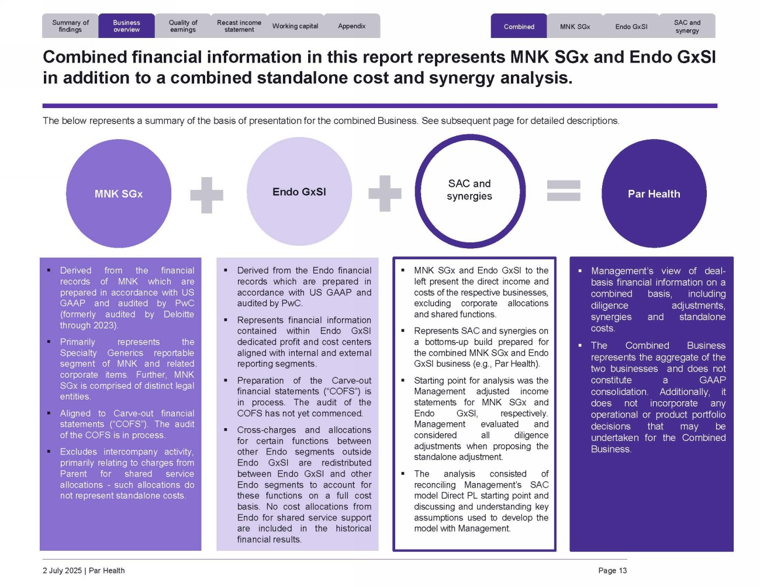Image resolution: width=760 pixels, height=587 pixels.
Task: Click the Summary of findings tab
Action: pyautogui.click(x=70, y=26)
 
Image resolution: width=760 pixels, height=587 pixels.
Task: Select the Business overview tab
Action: pyautogui.click(x=126, y=26)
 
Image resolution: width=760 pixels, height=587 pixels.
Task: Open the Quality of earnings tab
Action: pyautogui.click(x=183, y=26)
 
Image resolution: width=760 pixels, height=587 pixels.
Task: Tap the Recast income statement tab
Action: pyautogui.click(x=239, y=26)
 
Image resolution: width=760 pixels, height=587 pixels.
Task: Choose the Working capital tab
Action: pyautogui.click(x=295, y=26)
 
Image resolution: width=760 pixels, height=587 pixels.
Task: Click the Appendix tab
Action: pyautogui.click(x=351, y=26)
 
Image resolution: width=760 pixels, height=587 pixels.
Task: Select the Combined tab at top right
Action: pyautogui.click(x=519, y=26)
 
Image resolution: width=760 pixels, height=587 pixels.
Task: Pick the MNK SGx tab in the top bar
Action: pyautogui.click(x=575, y=26)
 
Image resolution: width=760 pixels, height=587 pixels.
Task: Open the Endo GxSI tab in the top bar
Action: pyautogui.click(x=631, y=26)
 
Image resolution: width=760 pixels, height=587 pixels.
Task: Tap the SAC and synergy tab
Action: pyautogui.click(x=687, y=26)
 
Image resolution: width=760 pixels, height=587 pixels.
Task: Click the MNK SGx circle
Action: pyautogui.click(x=119, y=193)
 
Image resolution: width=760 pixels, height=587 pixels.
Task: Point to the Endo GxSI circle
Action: pyautogui.click(x=299, y=192)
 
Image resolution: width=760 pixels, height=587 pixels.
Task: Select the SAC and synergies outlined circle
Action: pyautogui.click(x=469, y=190)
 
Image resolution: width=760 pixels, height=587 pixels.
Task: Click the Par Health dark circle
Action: pyautogui.click(x=654, y=193)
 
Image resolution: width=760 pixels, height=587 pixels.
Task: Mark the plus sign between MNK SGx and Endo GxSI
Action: pyautogui.click(x=206, y=194)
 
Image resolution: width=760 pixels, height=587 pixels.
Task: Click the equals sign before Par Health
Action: pyautogui.click(x=564, y=190)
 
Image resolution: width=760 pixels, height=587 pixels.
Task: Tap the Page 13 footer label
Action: pyautogui.click(x=612, y=571)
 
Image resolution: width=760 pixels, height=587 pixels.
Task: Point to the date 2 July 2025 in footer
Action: pyautogui.click(x=62, y=571)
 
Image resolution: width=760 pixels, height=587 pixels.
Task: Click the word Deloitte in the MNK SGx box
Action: pyautogui.click(x=178, y=314)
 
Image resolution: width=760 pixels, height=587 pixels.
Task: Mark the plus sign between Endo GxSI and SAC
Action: pyautogui.click(x=385, y=193)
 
